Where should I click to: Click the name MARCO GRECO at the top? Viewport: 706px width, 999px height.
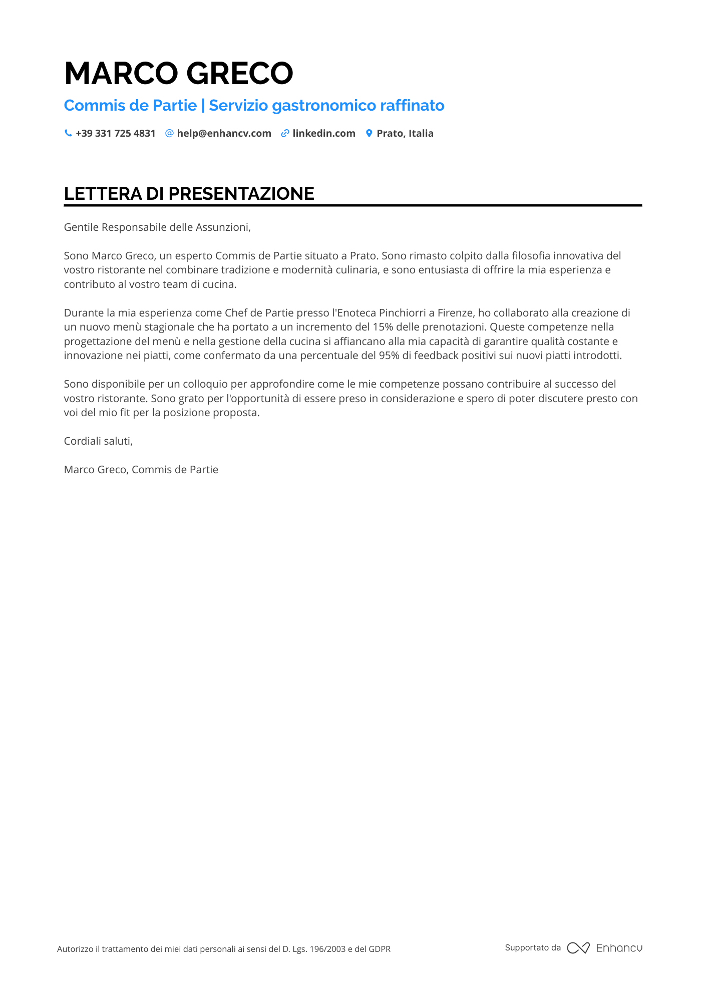tap(178, 74)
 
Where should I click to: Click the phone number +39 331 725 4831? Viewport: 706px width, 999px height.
tap(116, 134)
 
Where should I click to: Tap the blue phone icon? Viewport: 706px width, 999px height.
tap(68, 133)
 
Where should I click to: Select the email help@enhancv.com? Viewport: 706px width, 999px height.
tap(224, 134)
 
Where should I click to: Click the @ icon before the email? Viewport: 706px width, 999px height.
tap(169, 133)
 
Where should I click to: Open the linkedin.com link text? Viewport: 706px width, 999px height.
tap(324, 134)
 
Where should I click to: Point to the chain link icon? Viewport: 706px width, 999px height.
tap(285, 133)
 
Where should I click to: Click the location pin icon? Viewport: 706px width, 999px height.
tap(369, 133)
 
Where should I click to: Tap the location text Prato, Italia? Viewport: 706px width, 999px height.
tap(405, 134)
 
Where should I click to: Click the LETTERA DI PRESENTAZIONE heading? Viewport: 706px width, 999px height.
tap(189, 194)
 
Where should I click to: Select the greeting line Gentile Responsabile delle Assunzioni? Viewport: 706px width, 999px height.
tap(157, 227)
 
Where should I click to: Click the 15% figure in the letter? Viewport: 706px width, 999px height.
tap(383, 327)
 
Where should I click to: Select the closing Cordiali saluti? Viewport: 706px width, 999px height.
tap(98, 441)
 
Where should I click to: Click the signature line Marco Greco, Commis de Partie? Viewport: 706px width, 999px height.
tap(141, 470)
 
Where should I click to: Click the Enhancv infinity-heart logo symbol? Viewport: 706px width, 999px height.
tap(578, 948)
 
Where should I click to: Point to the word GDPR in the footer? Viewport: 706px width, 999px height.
tap(380, 949)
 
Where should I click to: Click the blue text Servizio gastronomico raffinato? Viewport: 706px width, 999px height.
tap(326, 106)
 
